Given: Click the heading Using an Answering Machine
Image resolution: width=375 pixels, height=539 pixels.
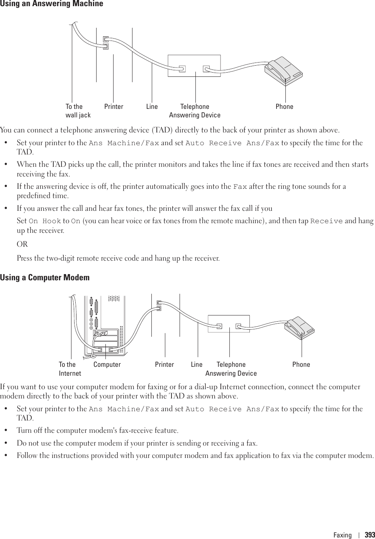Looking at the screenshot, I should [52, 4].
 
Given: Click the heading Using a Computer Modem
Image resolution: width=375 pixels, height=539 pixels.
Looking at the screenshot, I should [45, 278].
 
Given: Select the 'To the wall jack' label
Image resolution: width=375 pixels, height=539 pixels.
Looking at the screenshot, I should [78, 111].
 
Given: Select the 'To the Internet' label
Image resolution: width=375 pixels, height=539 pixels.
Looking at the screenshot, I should [70, 369].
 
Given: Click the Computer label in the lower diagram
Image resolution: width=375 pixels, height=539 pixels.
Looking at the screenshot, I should [107, 364].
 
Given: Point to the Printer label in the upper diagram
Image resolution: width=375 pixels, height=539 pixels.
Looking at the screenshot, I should [114, 107].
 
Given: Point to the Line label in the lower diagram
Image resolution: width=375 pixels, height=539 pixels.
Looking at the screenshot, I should [197, 364].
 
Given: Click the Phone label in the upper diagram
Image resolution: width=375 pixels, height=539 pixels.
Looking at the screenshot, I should [284, 107].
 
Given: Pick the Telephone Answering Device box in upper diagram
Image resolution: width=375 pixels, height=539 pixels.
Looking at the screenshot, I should [194, 66].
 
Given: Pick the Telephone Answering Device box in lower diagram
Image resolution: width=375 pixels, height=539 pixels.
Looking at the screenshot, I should [229, 324].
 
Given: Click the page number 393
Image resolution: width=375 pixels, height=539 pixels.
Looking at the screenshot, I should [370, 535].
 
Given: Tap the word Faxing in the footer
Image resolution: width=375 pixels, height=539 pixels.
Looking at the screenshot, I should [343, 535].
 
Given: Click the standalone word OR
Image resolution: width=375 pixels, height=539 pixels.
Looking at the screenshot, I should [22, 244].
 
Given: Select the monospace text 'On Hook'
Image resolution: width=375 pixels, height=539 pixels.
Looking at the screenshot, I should [45, 221].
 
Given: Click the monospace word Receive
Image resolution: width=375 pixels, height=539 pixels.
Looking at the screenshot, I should [326, 221].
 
